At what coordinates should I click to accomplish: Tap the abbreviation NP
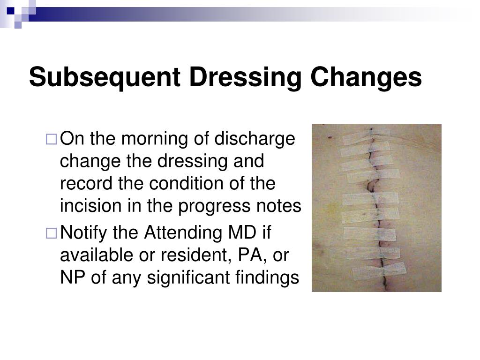(70, 277)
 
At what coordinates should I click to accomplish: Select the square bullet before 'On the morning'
(51, 139)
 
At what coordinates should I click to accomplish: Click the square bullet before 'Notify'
(51, 233)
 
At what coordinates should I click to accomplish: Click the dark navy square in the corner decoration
(10, 9)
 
